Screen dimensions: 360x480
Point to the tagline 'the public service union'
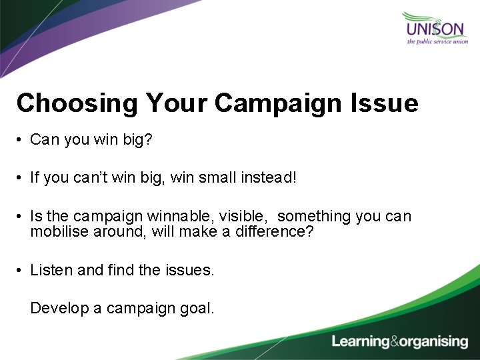[437, 42]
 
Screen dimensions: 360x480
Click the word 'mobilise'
[56, 231]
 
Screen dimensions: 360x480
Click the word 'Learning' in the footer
[361, 342]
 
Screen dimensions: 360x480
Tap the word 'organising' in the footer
[434, 342]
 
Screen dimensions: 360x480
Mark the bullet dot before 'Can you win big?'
[21, 140]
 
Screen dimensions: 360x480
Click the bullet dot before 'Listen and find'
[21, 271]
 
